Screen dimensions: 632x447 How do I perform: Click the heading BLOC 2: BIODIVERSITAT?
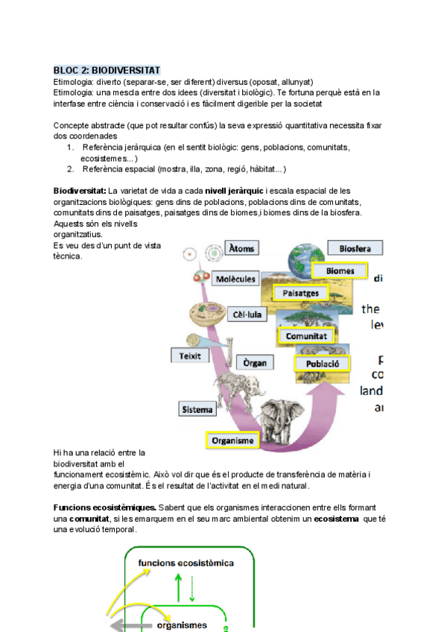[x=107, y=69]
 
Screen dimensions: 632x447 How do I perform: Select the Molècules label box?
[x=235, y=279]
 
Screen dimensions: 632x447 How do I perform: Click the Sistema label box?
[x=197, y=409]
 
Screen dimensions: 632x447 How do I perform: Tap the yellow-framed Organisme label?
[x=232, y=440]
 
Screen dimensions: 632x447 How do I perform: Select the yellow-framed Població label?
[x=323, y=364]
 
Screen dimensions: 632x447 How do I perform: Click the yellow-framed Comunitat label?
[x=307, y=336]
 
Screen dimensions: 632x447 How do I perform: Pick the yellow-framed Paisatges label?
[x=300, y=293]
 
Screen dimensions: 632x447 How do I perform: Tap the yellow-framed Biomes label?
[x=340, y=271]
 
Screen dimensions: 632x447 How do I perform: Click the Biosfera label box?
[x=355, y=248]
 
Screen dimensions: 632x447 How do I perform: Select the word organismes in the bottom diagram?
[x=182, y=625]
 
